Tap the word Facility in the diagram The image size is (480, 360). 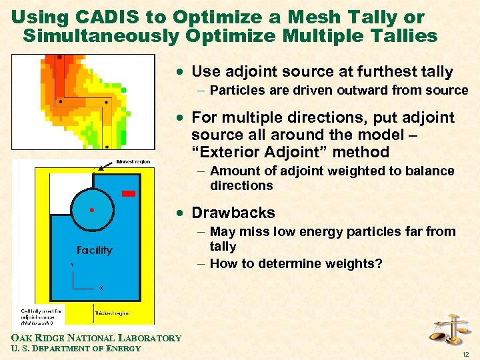(x=94, y=251)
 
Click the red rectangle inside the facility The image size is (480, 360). (x=129, y=193)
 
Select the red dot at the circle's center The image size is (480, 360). (x=91, y=210)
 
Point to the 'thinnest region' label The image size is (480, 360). (x=133, y=162)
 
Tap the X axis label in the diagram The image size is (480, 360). (x=101, y=288)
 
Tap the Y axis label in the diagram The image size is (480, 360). (x=71, y=265)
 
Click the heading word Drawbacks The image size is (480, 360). (x=233, y=213)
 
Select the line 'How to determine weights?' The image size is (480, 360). (x=296, y=264)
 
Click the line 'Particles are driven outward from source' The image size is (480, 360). (x=339, y=91)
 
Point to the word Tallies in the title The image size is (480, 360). (x=403, y=35)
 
